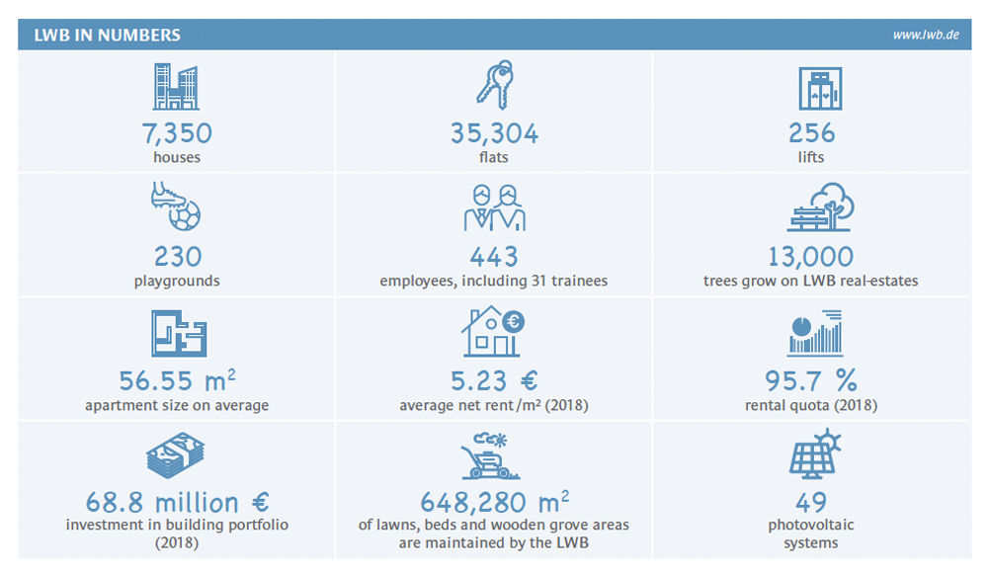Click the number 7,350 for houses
(x=177, y=133)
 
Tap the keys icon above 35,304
(x=494, y=85)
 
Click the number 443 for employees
(x=494, y=257)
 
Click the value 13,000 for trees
(x=811, y=257)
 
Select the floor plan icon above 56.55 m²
(x=178, y=333)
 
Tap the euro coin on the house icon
(x=514, y=320)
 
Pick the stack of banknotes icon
(x=177, y=457)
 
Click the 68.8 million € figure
(x=177, y=502)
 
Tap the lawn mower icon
(x=494, y=457)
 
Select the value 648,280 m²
(x=494, y=502)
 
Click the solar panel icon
(x=811, y=455)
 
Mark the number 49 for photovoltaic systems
(x=811, y=502)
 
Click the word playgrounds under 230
(x=177, y=282)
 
